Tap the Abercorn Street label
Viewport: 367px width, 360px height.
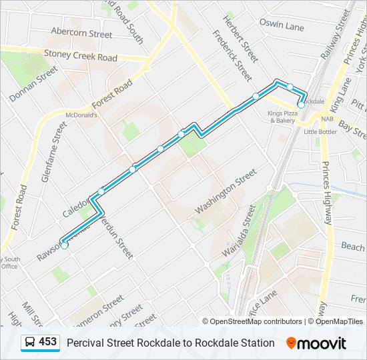point(81,33)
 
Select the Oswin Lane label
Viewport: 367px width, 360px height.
point(282,27)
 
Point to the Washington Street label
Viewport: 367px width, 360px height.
point(226,191)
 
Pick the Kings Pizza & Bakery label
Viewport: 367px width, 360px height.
point(282,117)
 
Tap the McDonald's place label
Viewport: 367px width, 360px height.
point(80,115)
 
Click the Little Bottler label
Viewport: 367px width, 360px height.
point(320,132)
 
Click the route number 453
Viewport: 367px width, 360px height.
point(47,342)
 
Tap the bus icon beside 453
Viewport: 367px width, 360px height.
point(30,343)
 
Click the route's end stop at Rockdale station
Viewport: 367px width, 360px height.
point(301,105)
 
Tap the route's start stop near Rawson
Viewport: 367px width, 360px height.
point(65,245)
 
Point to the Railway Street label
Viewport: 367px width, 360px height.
point(335,35)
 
